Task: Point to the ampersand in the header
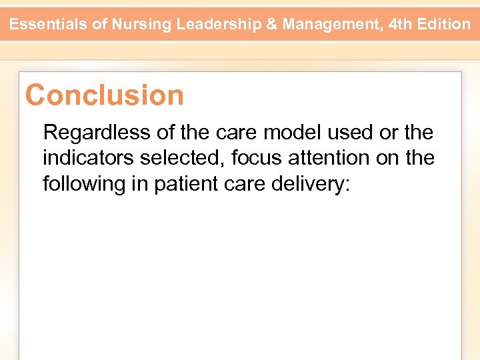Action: click(272, 25)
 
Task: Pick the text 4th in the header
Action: click(402, 25)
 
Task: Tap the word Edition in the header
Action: click(445, 25)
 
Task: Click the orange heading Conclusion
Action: click(105, 95)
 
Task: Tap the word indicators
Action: click(89, 158)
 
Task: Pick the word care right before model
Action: click(236, 133)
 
